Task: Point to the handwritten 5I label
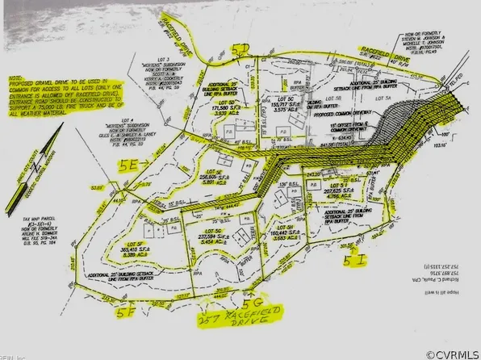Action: tap(357, 261)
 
